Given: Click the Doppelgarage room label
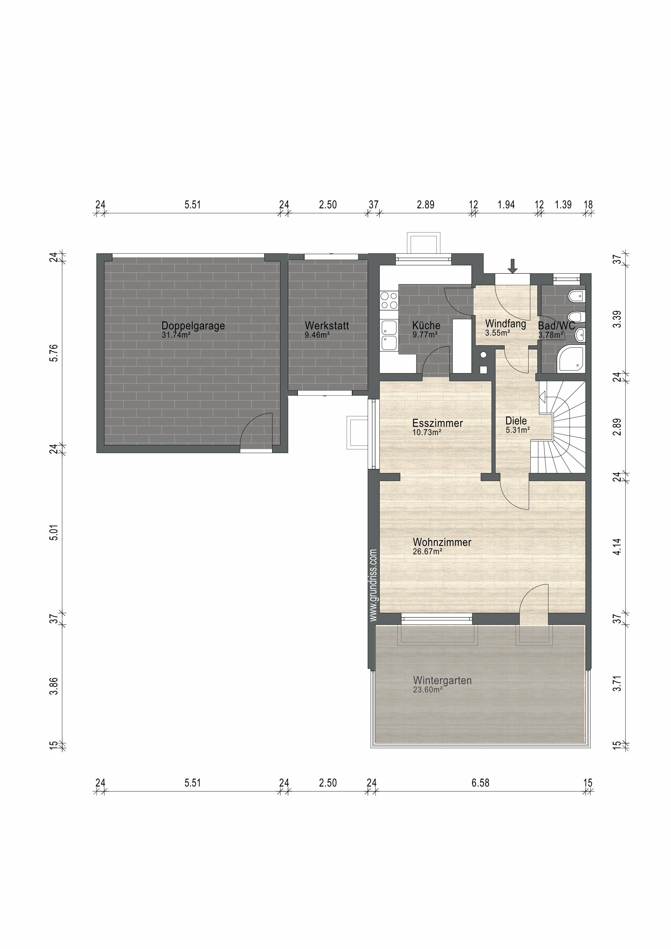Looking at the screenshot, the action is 193,326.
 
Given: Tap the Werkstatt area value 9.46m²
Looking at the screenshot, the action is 317,335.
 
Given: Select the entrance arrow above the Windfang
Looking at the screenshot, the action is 513,266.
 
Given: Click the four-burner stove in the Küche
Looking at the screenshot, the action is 389,300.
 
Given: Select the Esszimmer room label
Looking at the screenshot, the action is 437,423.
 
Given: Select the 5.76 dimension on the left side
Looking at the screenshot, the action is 54,353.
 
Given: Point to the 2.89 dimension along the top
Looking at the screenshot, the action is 425,205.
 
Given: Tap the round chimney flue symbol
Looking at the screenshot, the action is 483,355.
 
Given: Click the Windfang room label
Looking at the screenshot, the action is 505,324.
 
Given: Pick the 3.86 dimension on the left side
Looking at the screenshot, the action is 54,687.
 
